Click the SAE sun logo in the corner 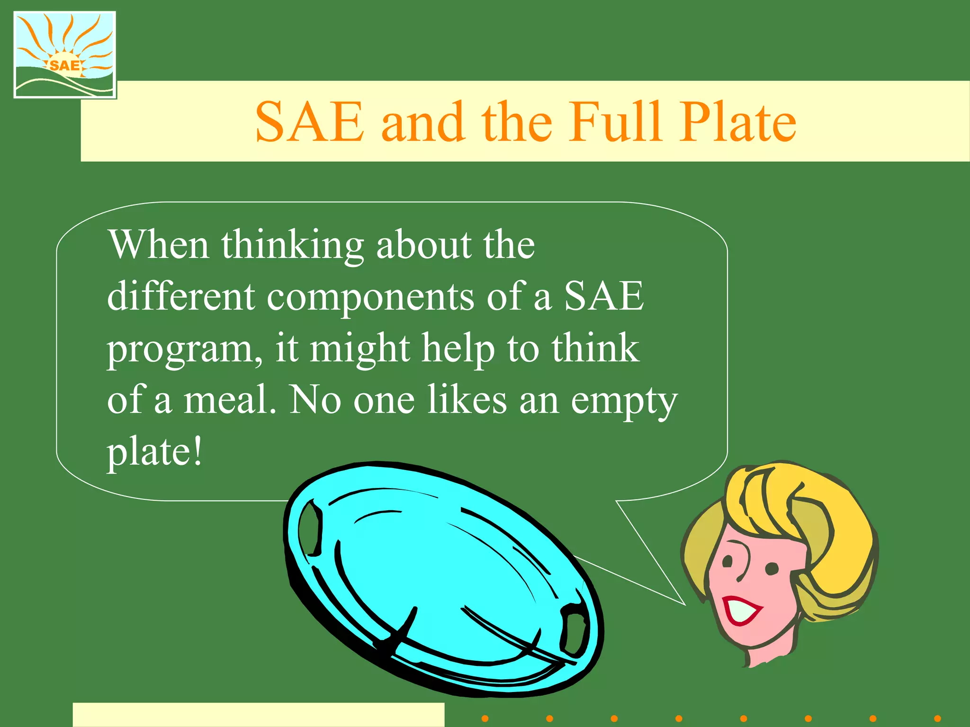(65, 55)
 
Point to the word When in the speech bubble (159, 245)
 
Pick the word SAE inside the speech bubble (604, 297)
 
